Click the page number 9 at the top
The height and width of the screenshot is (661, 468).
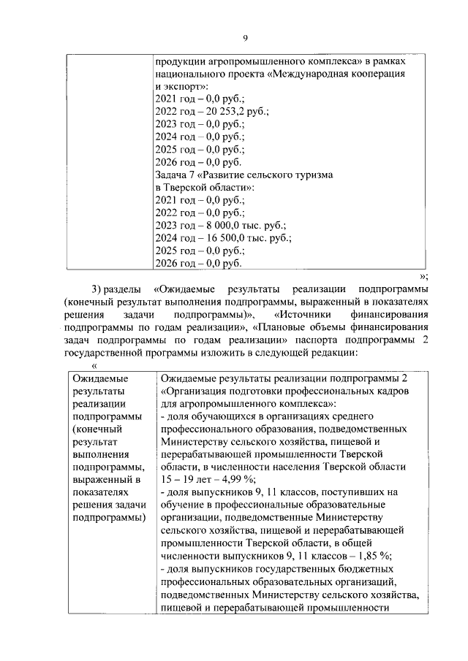pyautogui.click(x=246, y=38)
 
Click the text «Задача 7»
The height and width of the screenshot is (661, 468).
pyautogui.click(x=176, y=175)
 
